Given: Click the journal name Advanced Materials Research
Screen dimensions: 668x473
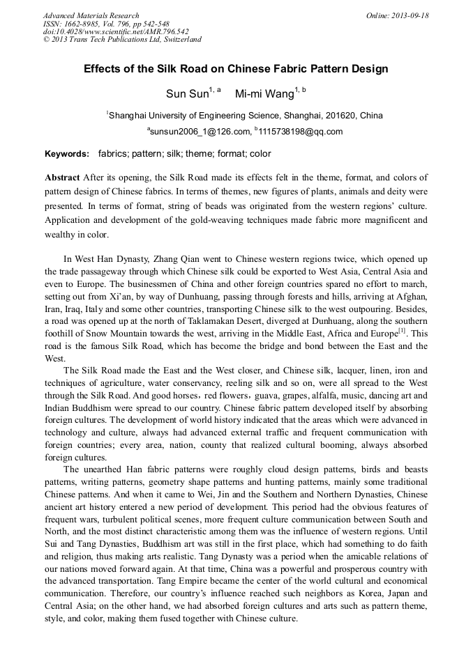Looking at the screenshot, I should click(91, 15).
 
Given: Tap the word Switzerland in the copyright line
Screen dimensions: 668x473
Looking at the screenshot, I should click(179, 40).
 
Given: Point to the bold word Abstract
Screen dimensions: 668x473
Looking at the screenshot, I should click(62, 178).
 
